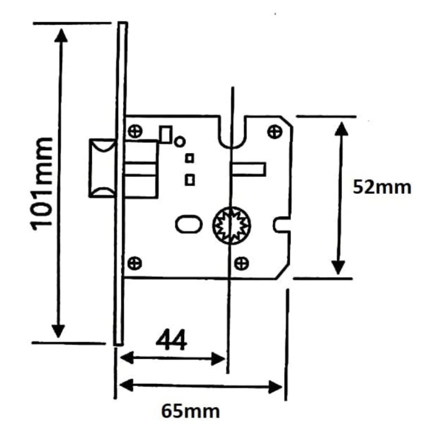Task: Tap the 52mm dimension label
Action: (x=382, y=187)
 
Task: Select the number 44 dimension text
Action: (x=171, y=340)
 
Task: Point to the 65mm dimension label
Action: (x=191, y=411)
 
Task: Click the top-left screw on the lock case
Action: (x=135, y=131)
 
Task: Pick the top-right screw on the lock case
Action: (x=275, y=132)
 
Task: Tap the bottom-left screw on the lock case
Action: (x=134, y=263)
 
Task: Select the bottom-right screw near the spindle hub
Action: (x=241, y=263)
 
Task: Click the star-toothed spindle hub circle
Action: (x=232, y=226)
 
